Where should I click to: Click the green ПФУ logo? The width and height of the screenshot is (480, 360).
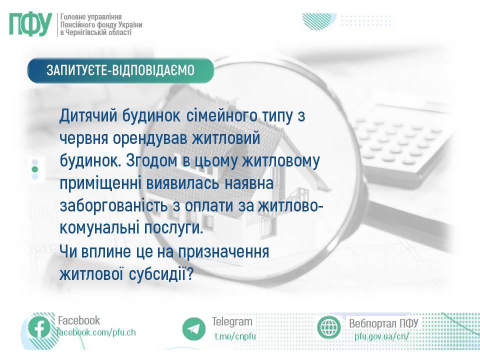[30, 24]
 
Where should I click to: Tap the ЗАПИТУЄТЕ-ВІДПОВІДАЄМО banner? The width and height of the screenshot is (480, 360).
[120, 70]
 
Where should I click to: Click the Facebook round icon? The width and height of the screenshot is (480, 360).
[39, 328]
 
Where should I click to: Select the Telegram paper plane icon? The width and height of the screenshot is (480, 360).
[194, 329]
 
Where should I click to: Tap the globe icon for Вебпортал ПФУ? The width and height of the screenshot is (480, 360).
[329, 327]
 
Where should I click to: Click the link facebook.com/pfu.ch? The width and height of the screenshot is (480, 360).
[96, 332]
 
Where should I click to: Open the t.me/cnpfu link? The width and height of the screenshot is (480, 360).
[235, 336]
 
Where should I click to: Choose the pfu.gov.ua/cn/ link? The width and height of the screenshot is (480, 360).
[381, 336]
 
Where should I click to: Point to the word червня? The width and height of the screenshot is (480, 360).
[83, 138]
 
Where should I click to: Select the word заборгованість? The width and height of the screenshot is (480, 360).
[113, 205]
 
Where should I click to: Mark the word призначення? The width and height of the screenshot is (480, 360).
[223, 252]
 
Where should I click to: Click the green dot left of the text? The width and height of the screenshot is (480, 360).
[35, 169]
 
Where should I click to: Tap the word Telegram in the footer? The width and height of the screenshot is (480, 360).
[232, 321]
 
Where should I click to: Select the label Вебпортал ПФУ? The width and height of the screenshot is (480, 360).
[383, 323]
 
